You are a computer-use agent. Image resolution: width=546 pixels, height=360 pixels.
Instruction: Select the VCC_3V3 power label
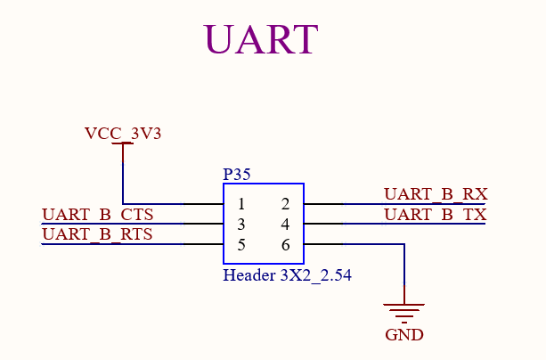123,135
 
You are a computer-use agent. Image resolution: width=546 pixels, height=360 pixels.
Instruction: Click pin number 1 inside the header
241,205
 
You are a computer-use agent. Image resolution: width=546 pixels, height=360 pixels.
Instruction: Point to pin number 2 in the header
285,205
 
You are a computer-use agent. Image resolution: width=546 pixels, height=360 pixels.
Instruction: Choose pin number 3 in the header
241,225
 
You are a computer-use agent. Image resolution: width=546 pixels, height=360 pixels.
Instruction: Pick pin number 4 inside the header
285,225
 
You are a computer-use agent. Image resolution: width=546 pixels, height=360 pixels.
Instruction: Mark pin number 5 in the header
241,244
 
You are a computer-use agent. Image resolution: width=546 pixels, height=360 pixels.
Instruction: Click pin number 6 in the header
285,244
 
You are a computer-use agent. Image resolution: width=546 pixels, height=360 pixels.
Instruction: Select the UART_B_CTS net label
97,215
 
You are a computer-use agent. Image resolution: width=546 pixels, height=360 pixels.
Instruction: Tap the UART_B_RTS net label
97,234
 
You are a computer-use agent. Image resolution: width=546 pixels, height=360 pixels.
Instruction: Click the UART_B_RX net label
436,194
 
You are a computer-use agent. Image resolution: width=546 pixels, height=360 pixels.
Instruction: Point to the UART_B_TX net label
436,215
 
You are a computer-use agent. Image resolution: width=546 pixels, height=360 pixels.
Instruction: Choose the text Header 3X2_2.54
287,275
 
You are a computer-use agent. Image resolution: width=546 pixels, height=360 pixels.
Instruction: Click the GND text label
404,336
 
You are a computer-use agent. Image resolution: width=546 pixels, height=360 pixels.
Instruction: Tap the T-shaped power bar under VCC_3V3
123,148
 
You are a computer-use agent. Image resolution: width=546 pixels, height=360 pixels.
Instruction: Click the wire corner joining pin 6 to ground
404,244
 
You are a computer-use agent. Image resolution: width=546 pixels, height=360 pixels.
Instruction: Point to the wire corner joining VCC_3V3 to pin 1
123,204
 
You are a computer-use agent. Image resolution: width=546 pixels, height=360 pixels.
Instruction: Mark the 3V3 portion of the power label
146,135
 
